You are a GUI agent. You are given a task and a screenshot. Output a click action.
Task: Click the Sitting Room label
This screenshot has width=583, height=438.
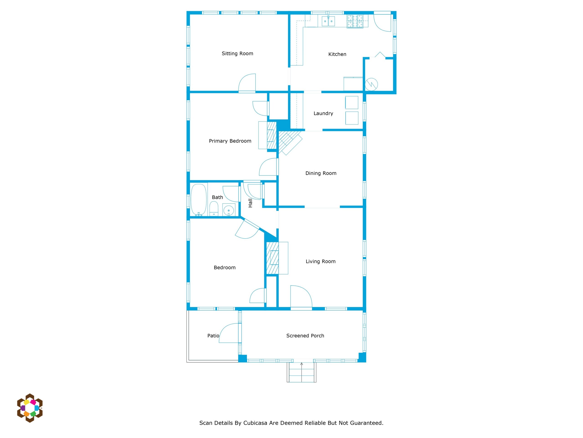point(237,54)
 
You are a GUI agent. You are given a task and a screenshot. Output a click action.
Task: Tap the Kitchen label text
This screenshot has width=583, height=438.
point(337,54)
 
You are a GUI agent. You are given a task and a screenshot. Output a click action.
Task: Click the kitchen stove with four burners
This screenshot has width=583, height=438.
point(355,21)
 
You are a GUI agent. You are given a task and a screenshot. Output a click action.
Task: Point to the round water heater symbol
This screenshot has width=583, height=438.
point(371,84)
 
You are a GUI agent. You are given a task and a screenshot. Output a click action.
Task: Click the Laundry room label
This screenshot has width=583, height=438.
point(323,114)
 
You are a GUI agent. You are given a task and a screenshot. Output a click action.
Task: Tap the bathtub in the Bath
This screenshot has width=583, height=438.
point(198,200)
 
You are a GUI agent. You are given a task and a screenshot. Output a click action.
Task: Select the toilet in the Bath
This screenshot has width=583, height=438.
point(214,209)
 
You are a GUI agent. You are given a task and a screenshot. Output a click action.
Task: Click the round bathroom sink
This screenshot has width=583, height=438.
point(228,210)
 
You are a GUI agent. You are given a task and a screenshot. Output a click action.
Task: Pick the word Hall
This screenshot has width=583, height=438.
point(250,203)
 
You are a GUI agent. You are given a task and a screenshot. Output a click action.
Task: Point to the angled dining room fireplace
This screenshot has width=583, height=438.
point(290,142)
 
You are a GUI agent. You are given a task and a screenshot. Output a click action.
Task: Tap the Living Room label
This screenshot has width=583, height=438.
point(320,262)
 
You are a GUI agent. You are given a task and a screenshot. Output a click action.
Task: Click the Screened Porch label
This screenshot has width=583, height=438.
point(305,336)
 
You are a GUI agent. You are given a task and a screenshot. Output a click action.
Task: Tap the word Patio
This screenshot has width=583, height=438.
point(213,336)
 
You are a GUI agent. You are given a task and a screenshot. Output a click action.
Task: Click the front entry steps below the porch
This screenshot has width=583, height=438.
point(302,372)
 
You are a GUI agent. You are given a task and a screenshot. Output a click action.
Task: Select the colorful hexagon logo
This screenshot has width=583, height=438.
point(30,408)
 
